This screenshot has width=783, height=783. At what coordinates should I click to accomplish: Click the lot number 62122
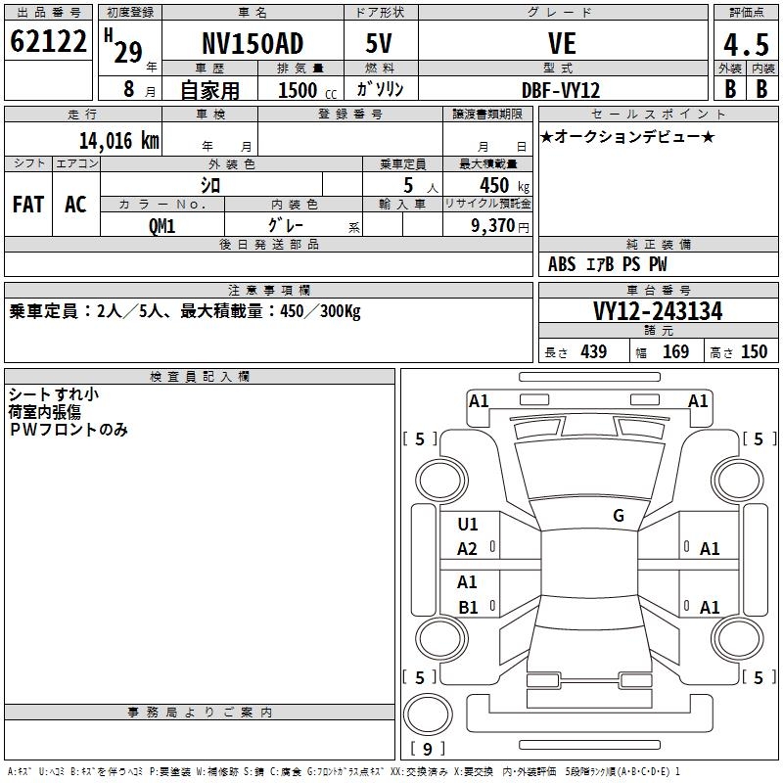[47, 44]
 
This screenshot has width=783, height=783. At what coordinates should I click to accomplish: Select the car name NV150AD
[253, 44]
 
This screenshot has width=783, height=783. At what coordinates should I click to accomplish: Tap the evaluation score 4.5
[745, 45]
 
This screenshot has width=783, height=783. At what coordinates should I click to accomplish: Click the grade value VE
[562, 44]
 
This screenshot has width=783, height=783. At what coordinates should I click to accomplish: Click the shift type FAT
[27, 204]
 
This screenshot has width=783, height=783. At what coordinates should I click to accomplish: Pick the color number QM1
[161, 225]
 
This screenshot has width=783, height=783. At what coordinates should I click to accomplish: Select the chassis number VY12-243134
[658, 311]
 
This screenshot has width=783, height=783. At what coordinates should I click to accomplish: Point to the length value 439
[593, 351]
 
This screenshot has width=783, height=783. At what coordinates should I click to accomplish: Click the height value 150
[754, 351]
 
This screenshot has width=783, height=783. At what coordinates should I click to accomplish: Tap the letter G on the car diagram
[619, 516]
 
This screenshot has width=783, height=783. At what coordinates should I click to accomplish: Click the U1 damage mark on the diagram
[468, 525]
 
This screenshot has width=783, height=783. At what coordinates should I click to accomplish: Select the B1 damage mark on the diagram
[468, 607]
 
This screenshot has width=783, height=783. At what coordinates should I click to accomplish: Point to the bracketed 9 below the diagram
[428, 749]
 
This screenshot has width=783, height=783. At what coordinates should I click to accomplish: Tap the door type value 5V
[381, 44]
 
